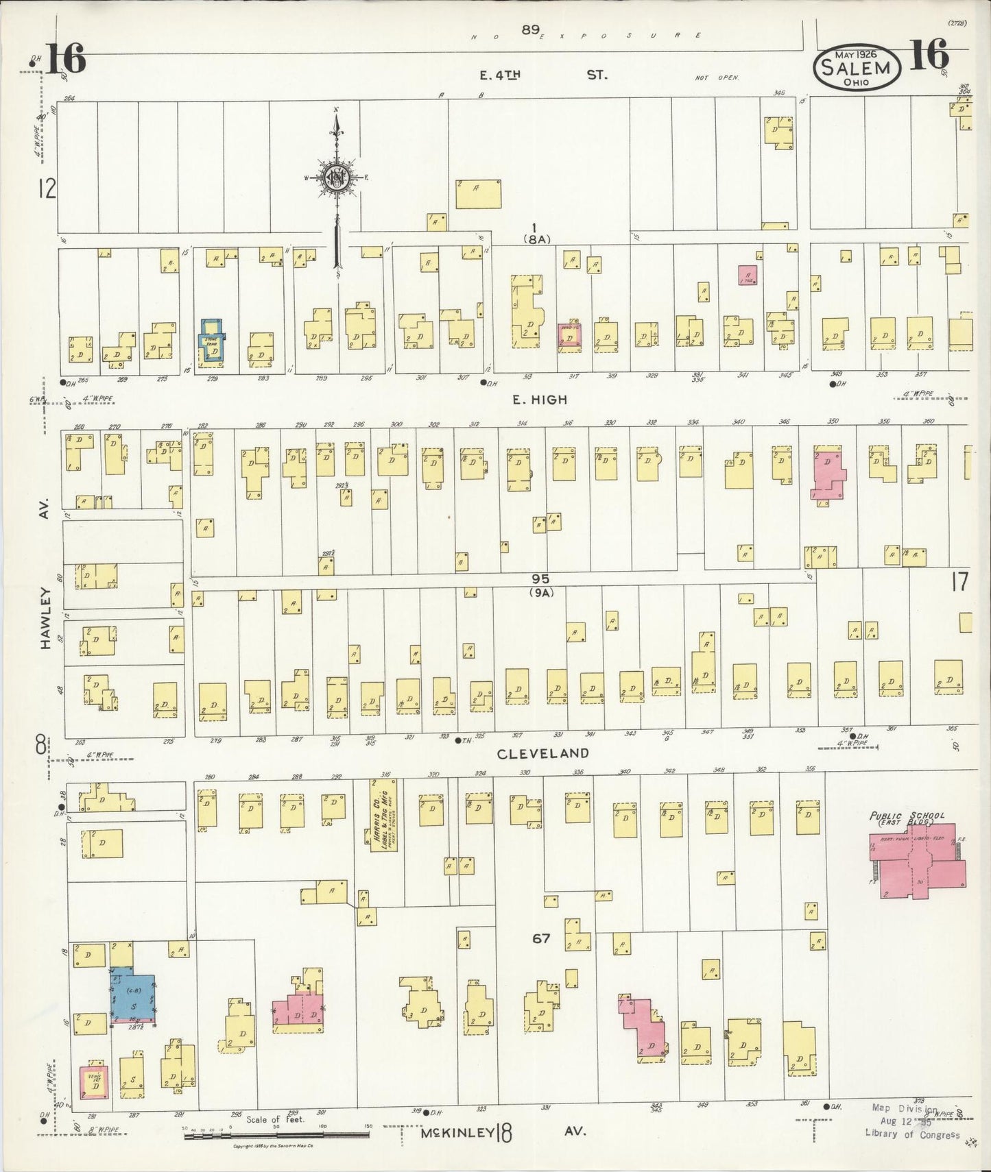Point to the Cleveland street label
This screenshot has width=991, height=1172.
click(x=542, y=753)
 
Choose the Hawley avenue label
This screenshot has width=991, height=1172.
click(x=45, y=617)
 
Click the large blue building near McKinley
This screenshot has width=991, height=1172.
click(x=134, y=998)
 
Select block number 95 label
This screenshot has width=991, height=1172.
click(x=540, y=580)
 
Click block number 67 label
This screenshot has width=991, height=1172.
click(x=541, y=938)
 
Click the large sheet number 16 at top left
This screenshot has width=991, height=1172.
click(x=66, y=58)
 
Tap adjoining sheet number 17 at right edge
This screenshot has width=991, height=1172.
click(x=959, y=582)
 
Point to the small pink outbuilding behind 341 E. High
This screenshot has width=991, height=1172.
click(x=747, y=275)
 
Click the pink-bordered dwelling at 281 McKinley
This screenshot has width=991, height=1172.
click(x=94, y=1082)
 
